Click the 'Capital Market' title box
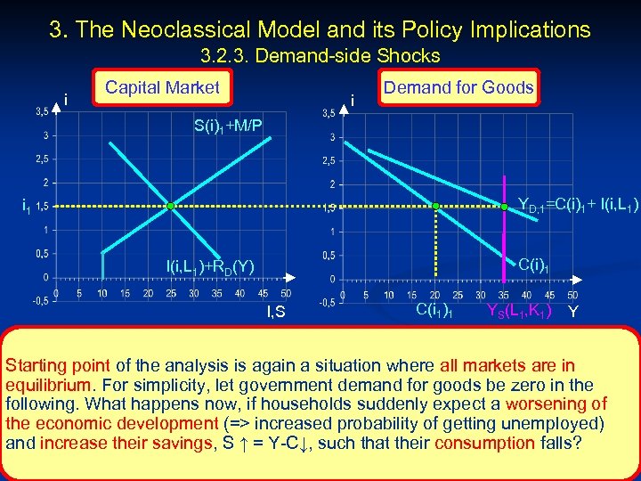click(162, 87)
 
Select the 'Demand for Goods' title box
click(458, 87)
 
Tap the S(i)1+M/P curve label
click(228, 125)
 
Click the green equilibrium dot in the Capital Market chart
click(171, 207)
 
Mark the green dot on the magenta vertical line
click(504, 207)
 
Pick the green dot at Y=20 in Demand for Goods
click(436, 207)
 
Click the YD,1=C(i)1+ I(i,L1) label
click(577, 207)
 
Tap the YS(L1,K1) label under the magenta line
click(518, 311)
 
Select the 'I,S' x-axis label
click(276, 311)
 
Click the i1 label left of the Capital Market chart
click(27, 207)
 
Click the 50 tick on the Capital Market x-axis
click(285, 292)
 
